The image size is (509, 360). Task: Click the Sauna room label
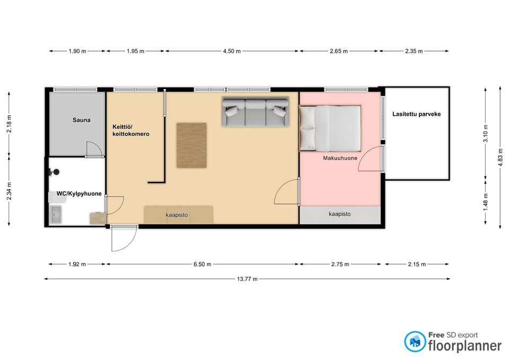click(81, 120)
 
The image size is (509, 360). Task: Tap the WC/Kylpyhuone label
click(79, 194)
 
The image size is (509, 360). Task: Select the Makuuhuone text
click(340, 158)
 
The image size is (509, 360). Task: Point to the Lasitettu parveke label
click(417, 114)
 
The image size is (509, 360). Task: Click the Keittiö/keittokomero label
click(131, 130)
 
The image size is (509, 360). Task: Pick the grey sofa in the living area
click(255, 111)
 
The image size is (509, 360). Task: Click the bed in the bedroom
click(330, 128)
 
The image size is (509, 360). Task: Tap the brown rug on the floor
click(191, 145)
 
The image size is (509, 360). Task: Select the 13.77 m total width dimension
click(247, 279)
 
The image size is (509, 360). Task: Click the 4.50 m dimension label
click(232, 51)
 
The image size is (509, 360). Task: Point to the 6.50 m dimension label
click(202, 264)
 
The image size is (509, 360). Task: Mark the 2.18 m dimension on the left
click(9, 124)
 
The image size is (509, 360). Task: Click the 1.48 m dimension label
click(486, 202)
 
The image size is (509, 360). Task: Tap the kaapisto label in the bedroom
click(339, 214)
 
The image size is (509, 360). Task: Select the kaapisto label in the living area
click(177, 215)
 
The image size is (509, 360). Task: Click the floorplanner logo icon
click(415, 341)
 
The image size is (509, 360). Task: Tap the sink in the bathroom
click(56, 215)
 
